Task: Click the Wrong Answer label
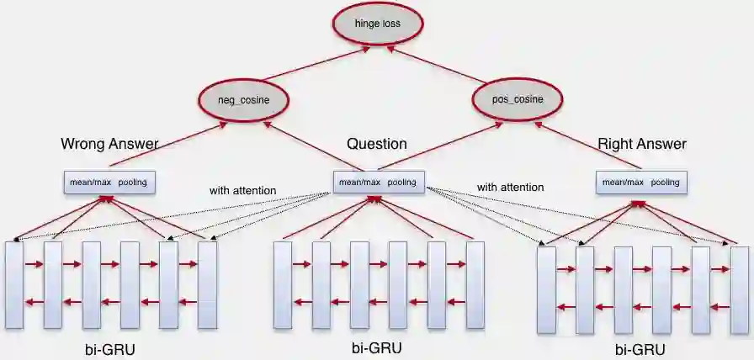pos(109,144)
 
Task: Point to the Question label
pos(376,144)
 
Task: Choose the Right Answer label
pos(641,144)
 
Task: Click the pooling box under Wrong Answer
pos(110,182)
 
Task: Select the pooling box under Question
pos(379,182)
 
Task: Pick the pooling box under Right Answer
pos(641,182)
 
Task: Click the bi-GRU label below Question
pos(376,347)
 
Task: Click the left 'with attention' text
pos(242,191)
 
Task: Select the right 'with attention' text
pos(510,187)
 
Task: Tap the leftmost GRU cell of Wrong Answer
pos(14,284)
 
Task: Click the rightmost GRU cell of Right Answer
pos(740,290)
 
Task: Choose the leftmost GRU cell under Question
pos(283,284)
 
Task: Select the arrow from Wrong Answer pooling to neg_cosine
pos(168,143)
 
